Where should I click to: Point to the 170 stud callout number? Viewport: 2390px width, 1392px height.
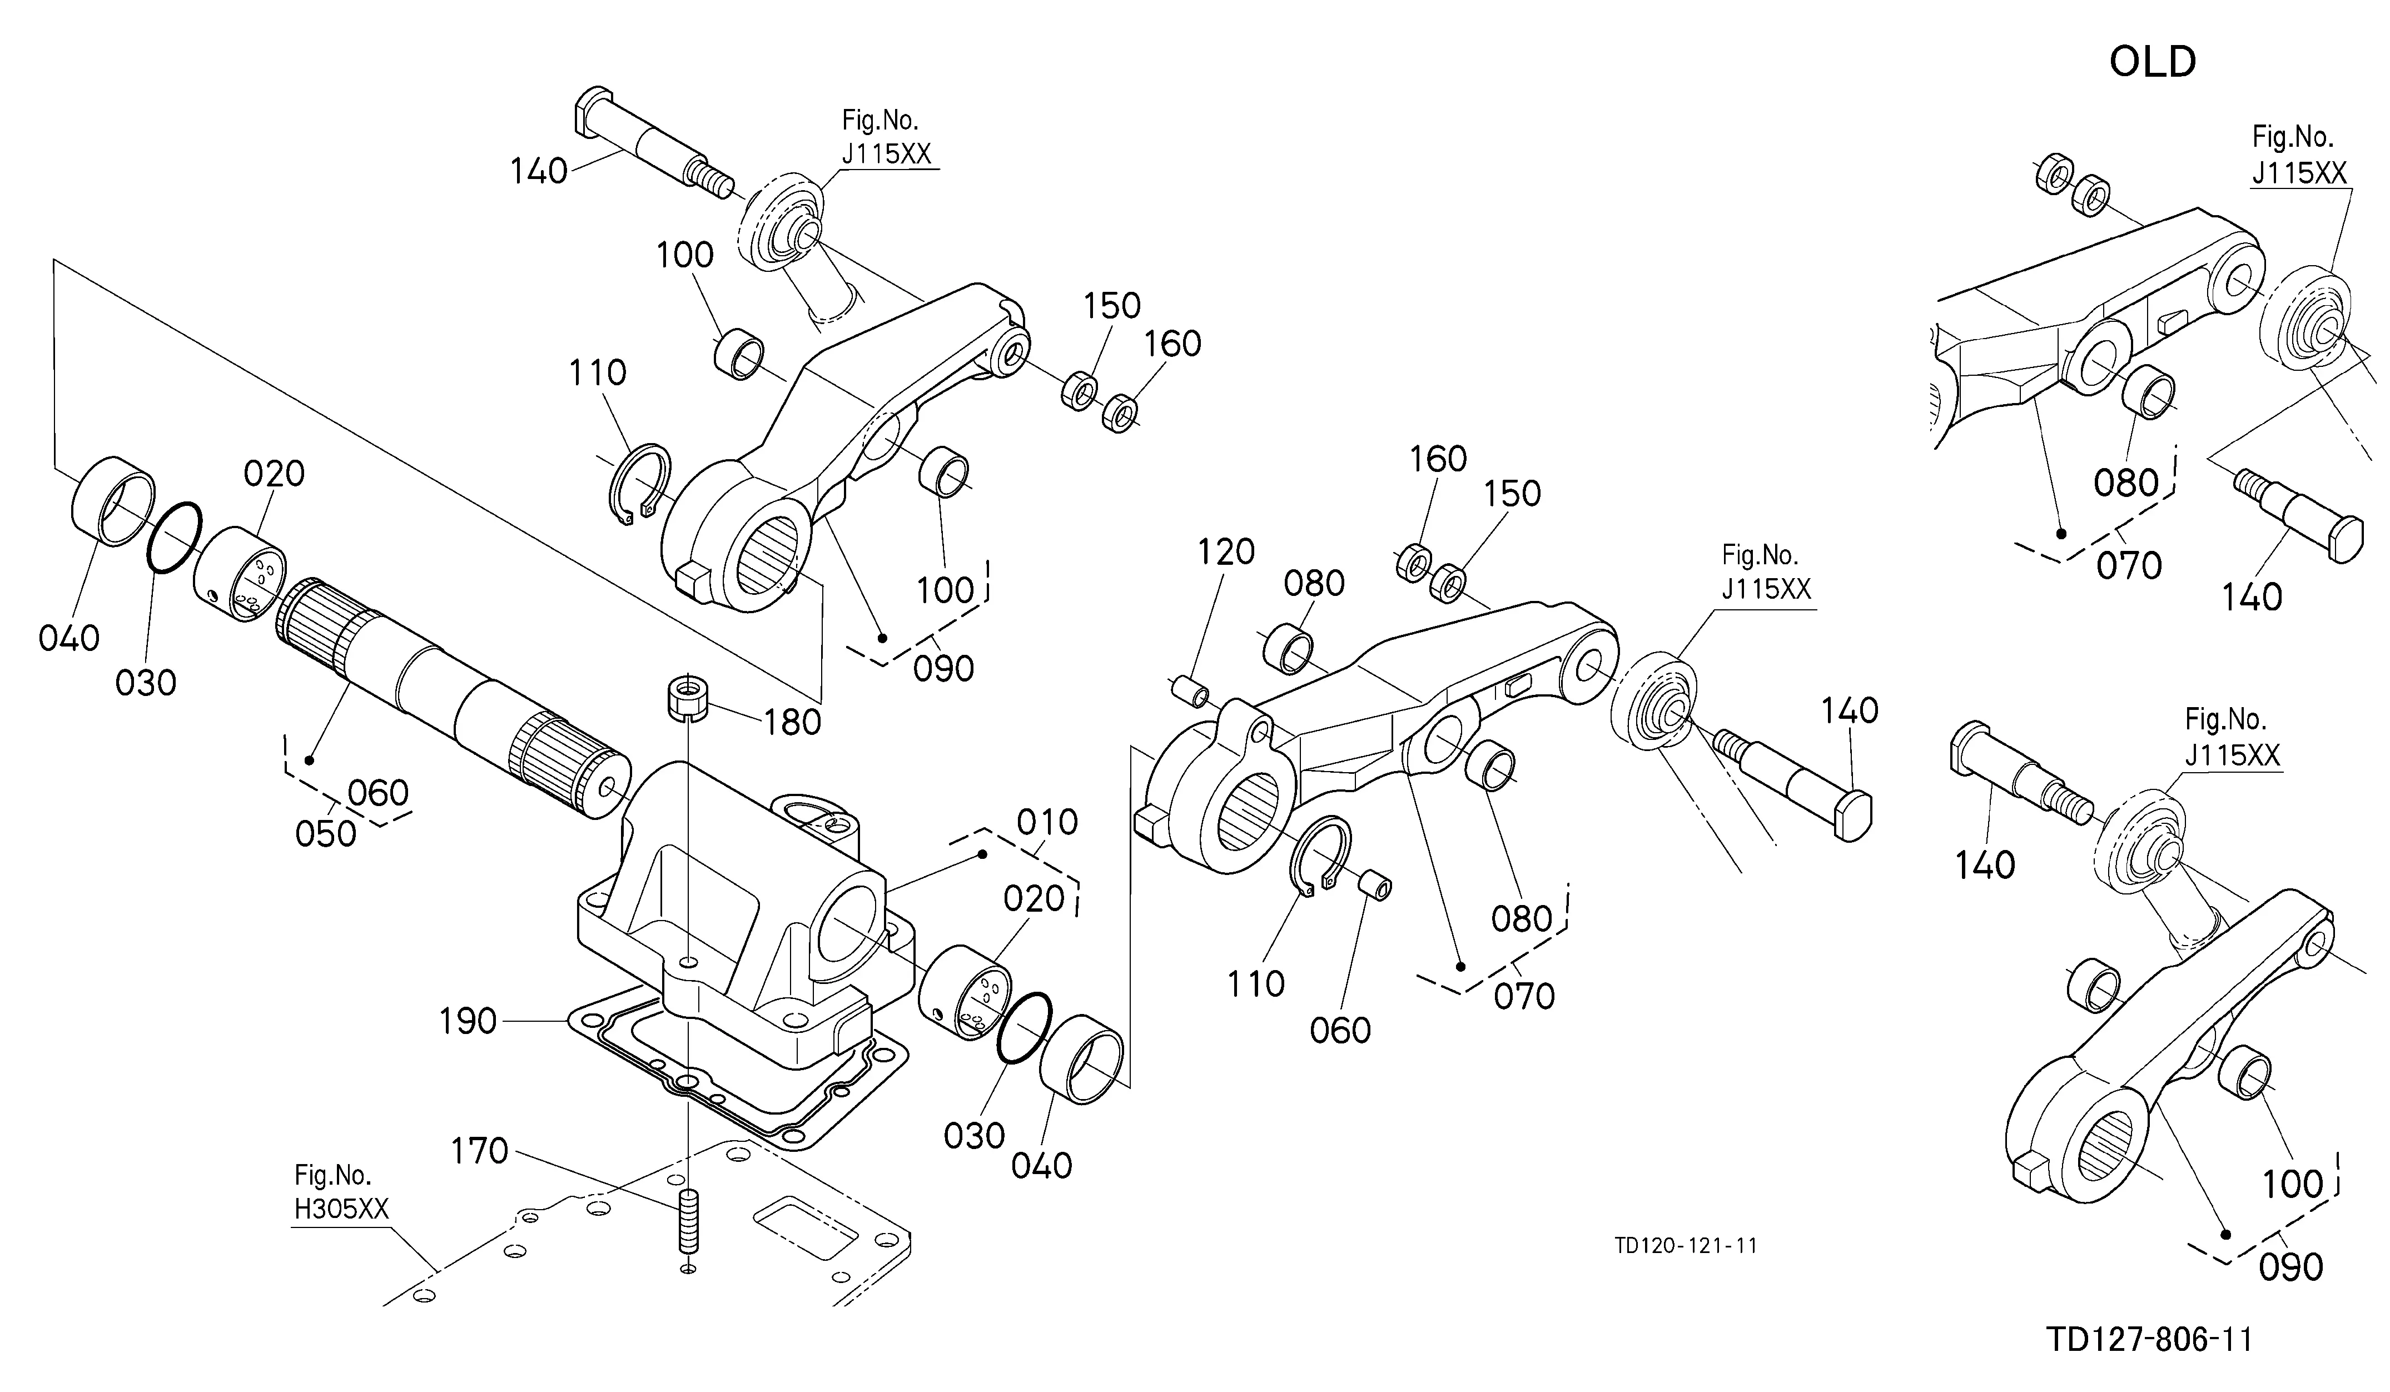[480, 1151]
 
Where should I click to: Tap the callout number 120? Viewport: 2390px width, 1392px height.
[1226, 552]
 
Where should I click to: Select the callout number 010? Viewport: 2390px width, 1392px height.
[1047, 822]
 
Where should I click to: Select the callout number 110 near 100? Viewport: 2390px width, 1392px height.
[598, 372]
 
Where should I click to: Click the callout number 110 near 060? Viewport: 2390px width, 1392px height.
[1256, 985]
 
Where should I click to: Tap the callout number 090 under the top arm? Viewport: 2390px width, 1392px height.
[943, 669]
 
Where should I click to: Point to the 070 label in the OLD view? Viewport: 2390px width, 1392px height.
[2129, 566]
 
